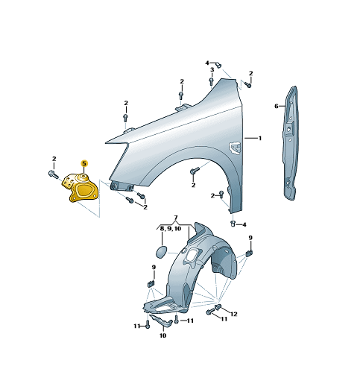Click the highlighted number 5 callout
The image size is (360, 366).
point(84,163)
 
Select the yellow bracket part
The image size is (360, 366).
point(80,188)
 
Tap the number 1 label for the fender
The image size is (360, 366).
point(260,138)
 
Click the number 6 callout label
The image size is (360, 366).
point(277,107)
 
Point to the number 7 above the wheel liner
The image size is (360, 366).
point(176,218)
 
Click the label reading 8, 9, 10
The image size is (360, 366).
point(171,229)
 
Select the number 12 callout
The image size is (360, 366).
point(234,314)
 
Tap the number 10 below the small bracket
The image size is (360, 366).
point(162,335)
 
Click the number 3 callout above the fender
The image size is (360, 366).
point(212,70)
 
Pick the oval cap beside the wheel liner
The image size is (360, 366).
point(162,251)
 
